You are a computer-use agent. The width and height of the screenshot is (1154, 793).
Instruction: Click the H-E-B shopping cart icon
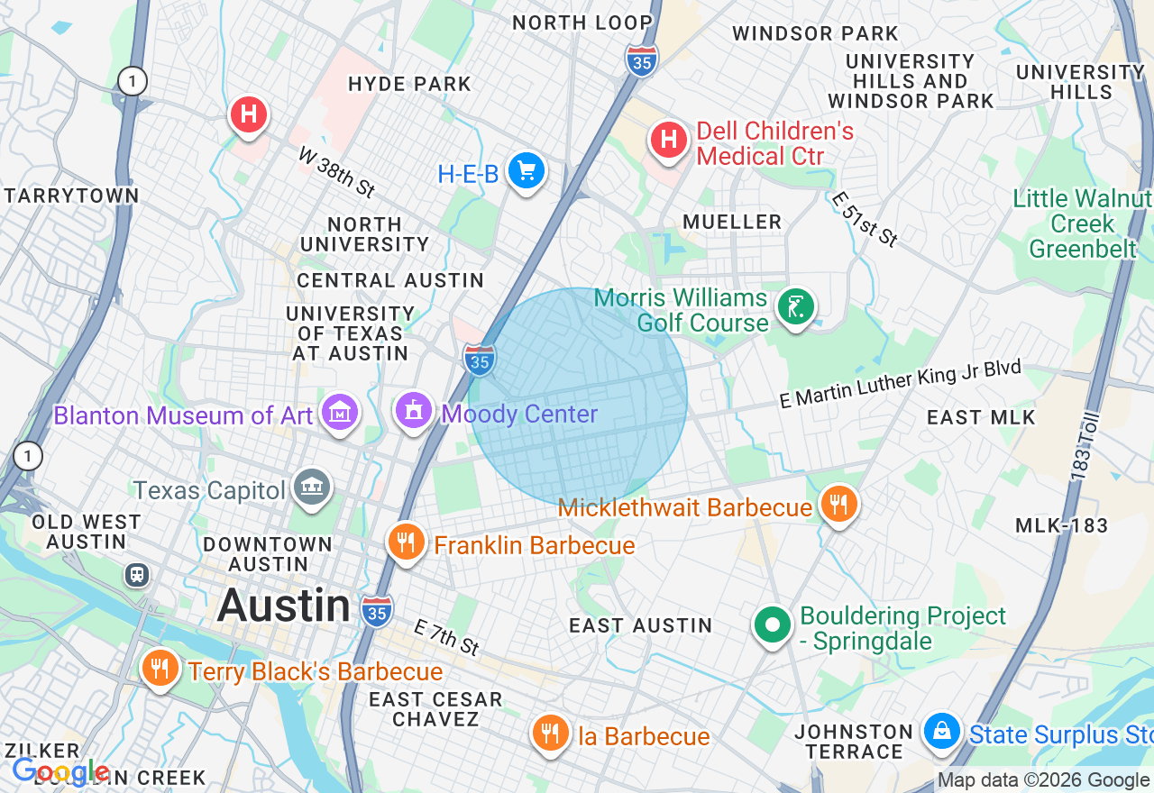coord(526,169)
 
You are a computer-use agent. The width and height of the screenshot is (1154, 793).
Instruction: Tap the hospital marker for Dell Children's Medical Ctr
coord(669,139)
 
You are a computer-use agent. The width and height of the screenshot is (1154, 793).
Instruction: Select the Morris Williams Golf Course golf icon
coord(795,307)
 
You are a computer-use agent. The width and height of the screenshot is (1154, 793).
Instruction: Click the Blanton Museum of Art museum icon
coord(341,413)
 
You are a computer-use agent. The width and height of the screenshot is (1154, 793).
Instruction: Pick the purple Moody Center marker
coord(414,411)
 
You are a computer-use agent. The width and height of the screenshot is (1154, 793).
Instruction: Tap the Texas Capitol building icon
coord(312,488)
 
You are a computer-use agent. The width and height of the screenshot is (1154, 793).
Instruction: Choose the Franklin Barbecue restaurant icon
coord(407,542)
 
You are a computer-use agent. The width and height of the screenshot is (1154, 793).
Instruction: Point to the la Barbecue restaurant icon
coord(549,733)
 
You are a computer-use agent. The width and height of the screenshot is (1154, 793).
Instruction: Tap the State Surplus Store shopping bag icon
coord(941,730)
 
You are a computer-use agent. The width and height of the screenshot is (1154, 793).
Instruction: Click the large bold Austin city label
coord(283,605)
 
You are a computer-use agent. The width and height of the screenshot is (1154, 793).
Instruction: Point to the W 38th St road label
coord(336,172)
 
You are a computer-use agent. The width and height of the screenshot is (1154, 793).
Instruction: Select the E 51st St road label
coord(865,219)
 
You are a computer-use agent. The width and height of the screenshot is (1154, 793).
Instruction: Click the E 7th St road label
coord(447,637)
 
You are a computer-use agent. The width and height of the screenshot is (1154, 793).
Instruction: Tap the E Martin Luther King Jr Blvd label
coord(900,384)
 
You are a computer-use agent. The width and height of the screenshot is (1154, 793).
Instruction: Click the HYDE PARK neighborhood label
coord(409,84)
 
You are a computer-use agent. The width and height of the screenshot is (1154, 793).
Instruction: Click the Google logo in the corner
coord(60,771)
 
